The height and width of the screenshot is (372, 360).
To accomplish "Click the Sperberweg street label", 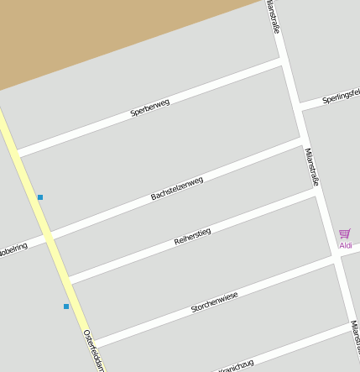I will pyautogui.click(x=150, y=107).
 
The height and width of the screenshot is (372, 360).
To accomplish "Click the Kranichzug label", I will pyautogui.click(x=236, y=365).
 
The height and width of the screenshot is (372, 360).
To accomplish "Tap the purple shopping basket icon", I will pyautogui.click(x=344, y=234).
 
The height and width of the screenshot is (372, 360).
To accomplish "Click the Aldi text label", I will pyautogui.click(x=345, y=245).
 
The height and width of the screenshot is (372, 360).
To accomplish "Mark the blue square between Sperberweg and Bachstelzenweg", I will pyautogui.click(x=39, y=197).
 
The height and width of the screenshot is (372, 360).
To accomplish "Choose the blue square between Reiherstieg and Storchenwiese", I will pyautogui.click(x=65, y=307).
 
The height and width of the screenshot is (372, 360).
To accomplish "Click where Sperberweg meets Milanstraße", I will pyautogui.click(x=284, y=62).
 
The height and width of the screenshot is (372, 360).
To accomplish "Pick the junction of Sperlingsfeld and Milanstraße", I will pyautogui.click(x=299, y=107).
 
